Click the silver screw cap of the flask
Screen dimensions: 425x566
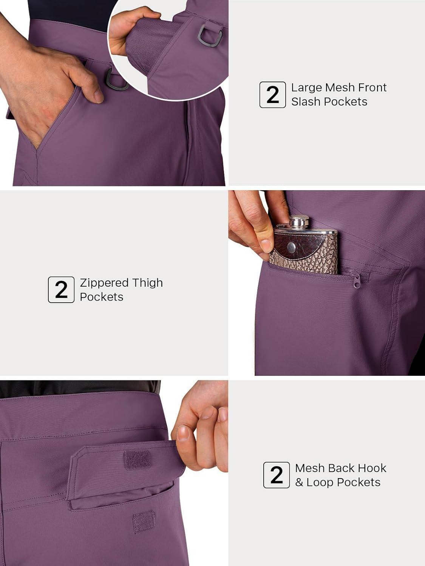click(299, 222)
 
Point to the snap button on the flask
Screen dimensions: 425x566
click(292, 247)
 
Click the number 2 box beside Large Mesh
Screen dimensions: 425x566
click(272, 95)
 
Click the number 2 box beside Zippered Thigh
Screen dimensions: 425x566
click(61, 289)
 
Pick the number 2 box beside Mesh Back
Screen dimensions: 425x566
click(277, 475)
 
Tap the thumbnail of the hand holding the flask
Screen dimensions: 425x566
click(327, 283)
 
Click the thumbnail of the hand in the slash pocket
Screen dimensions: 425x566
click(114, 93)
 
